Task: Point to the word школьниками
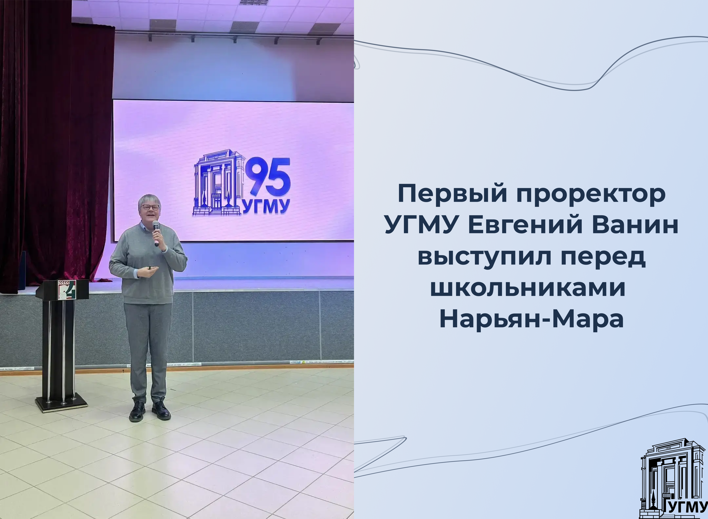[x=528, y=288]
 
